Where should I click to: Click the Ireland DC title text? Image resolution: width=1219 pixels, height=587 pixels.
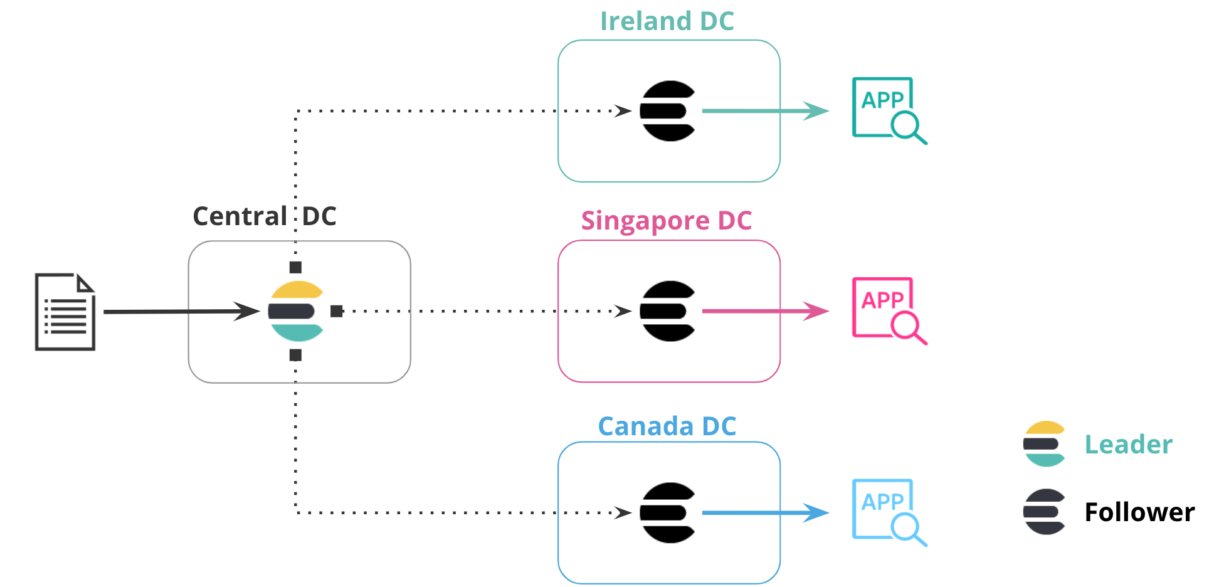pyautogui.click(x=667, y=21)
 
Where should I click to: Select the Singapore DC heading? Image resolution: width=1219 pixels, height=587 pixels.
pyautogui.click(x=666, y=221)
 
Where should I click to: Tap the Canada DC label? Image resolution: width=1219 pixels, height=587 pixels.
pyautogui.click(x=667, y=426)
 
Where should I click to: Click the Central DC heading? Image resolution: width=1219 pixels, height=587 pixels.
pyautogui.click(x=264, y=216)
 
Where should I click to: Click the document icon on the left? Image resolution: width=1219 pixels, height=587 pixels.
pyautogui.click(x=65, y=312)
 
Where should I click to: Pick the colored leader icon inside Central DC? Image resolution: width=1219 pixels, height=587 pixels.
pyautogui.click(x=295, y=311)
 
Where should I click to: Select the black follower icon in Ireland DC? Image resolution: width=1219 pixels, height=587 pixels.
pyautogui.click(x=667, y=111)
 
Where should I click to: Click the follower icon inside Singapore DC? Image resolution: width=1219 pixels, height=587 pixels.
pyautogui.click(x=667, y=311)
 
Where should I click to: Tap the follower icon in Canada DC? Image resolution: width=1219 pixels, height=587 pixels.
pyautogui.click(x=667, y=512)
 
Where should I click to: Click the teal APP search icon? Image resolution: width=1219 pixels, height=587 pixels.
pyautogui.click(x=887, y=110)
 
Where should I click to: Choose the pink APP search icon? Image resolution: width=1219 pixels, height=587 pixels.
pyautogui.click(x=887, y=310)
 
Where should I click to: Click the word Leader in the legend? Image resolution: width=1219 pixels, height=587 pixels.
pyautogui.click(x=1128, y=445)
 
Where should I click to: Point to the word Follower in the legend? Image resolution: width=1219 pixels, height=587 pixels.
pyautogui.click(x=1139, y=512)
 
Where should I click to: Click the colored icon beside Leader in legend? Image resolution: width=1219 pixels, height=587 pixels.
pyautogui.click(x=1044, y=444)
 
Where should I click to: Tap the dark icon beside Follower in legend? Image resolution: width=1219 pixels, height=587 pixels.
pyautogui.click(x=1044, y=512)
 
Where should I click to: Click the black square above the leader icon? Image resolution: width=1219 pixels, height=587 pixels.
pyautogui.click(x=295, y=268)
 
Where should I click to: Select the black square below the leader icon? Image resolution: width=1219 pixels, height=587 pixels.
pyautogui.click(x=295, y=356)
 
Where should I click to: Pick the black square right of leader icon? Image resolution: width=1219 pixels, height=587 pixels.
pyautogui.click(x=337, y=311)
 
